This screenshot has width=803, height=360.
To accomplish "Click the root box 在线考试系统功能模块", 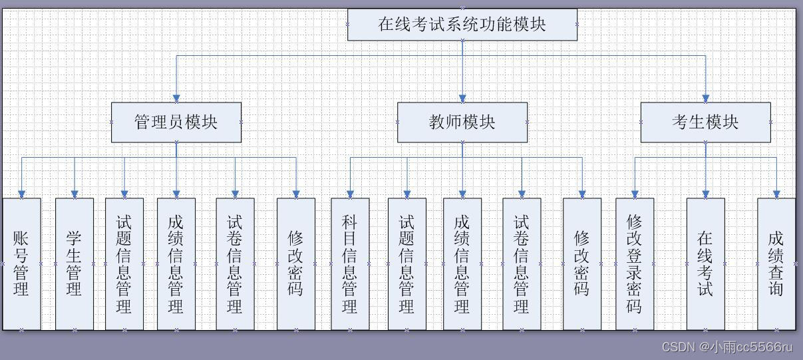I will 462,25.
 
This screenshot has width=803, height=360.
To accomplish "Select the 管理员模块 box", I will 176,122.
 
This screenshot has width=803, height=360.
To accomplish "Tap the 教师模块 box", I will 462,122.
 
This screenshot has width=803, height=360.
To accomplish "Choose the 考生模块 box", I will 705,122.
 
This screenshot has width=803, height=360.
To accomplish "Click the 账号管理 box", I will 21,264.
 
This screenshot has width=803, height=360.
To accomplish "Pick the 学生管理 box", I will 74,264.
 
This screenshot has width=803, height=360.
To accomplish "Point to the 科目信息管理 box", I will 350,264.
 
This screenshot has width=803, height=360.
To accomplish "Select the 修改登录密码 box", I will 634,264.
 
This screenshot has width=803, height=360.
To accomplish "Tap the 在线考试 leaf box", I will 705,264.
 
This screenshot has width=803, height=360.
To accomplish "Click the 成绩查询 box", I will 776,264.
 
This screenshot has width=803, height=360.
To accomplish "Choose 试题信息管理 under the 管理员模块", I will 124,264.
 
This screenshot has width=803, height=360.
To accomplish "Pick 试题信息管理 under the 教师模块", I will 406,264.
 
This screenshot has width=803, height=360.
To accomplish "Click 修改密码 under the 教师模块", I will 582,264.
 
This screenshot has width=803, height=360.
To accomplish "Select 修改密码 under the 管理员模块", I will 296,264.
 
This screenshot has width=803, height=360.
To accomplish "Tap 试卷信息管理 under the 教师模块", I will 522,264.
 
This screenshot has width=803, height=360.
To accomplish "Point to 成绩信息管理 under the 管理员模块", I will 176,264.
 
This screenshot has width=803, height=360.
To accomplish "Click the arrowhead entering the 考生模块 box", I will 706,98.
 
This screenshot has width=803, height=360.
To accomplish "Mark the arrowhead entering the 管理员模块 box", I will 176,98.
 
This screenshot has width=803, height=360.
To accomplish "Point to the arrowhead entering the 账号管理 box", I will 21,194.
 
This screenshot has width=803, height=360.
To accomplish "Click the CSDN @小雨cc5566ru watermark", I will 728,347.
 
